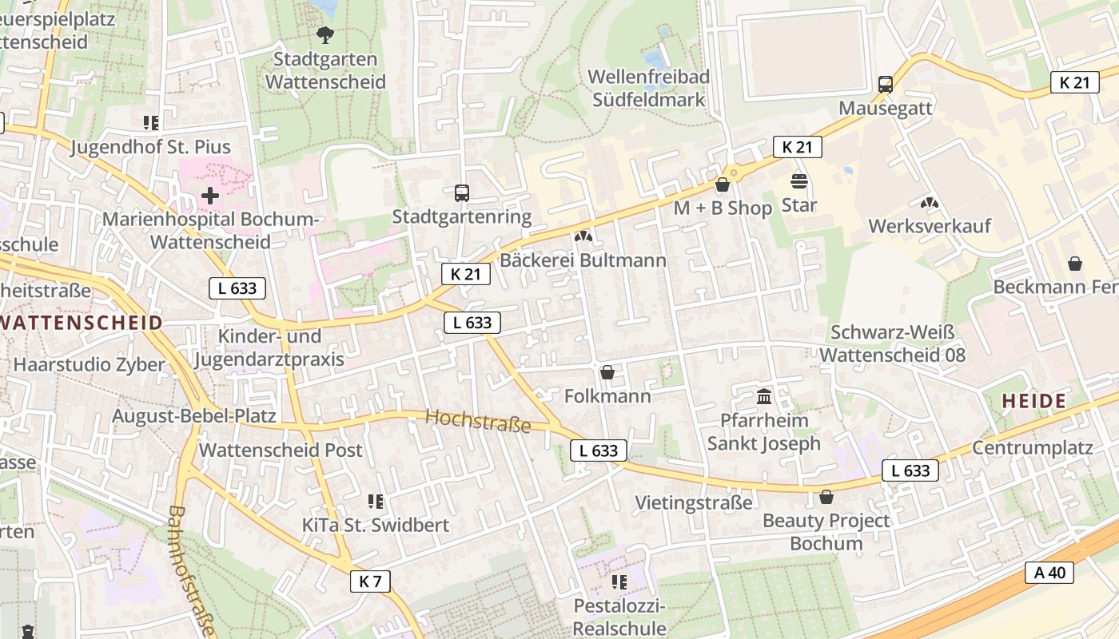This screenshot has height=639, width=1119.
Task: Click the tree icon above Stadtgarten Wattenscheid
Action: [325, 34]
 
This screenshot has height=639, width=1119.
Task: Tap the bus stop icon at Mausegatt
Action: [885, 85]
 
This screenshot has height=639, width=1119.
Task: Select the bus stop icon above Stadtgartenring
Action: [462, 192]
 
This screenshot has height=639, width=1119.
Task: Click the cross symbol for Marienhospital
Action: [210, 195]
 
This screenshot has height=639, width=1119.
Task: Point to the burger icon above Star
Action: [798, 181]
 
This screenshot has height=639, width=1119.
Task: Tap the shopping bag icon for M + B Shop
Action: [723, 185]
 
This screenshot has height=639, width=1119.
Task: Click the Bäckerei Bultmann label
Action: [583, 260]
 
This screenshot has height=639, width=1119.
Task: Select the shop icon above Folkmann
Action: [607, 372]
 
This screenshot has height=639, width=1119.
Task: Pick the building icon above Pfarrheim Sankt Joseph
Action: [763, 396]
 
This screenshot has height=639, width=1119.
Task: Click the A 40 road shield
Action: [1049, 572]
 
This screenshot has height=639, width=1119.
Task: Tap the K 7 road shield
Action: [370, 581]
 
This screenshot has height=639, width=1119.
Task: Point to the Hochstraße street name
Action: [478, 420]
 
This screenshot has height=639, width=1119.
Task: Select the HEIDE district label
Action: [1033, 401]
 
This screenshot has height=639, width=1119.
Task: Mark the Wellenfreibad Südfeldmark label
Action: [648, 88]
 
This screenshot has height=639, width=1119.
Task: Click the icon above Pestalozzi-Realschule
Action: [619, 582]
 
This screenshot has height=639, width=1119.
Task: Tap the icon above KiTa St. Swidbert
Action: [376, 502]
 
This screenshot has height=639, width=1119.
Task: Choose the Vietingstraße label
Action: [693, 502]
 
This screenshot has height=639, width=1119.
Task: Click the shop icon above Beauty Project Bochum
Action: [826, 498]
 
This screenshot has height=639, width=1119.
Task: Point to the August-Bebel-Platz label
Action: [193, 415]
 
